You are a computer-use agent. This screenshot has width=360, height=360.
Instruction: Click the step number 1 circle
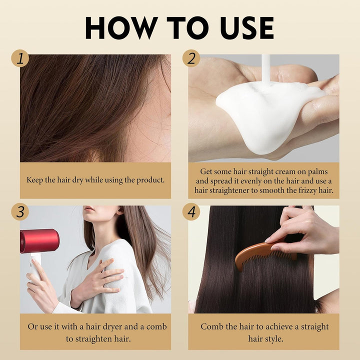pos(20,58)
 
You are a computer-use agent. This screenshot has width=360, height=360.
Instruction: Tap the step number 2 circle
pos(191,58)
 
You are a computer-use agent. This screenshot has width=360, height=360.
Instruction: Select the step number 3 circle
pos(20,211)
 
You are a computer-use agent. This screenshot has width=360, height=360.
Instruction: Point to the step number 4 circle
pos(191,211)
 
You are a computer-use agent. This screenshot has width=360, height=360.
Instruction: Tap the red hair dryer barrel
pos(39,241)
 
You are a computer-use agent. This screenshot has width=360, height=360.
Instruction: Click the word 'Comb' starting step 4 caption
pos(212,326)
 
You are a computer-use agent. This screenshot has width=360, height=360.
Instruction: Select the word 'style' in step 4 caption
pos(274,338)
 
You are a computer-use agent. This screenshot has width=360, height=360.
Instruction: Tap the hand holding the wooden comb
pos(305,230)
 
